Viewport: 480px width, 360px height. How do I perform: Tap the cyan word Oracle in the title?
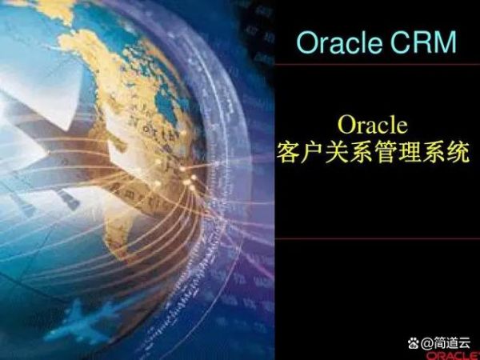[339, 42]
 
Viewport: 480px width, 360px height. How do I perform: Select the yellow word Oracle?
[373, 124]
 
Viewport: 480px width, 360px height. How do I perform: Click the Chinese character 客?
[288, 152]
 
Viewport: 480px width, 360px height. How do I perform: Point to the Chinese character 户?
[312, 152]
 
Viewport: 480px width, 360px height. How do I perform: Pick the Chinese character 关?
[337, 152]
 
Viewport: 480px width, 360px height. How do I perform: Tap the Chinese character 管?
[385, 152]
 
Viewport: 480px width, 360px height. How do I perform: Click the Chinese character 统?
[458, 152]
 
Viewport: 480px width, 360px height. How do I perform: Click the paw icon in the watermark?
[414, 342]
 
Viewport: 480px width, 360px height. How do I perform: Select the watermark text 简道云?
[451, 342]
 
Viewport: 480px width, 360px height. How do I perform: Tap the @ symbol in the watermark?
[426, 343]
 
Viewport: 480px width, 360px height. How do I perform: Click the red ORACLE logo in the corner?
[453, 356]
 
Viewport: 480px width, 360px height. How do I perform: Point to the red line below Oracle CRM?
[377, 64]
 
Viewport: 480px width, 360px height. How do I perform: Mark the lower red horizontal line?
[377, 238]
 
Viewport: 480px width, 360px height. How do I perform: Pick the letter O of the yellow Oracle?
[346, 124]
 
